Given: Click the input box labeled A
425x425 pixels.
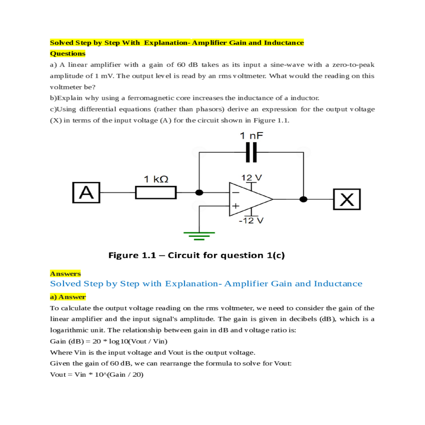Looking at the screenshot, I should tap(86, 193).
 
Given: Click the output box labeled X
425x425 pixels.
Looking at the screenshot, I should tap(347, 199).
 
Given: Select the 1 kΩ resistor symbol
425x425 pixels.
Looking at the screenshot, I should tap(156, 193).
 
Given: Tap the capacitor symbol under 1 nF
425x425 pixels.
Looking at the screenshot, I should tap(251, 152).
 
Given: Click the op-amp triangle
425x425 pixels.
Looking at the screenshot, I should tap(248, 199).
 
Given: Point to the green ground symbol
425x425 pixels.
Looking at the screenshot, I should tap(199, 235).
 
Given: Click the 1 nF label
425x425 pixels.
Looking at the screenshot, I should tap(251, 136).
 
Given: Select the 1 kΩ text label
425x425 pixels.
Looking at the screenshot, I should tap(156, 179).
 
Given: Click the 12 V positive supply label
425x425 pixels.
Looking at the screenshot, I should tap(251, 177).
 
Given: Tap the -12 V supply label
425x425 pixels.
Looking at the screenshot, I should tap(251, 221).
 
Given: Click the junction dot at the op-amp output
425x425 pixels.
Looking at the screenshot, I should tap(304, 199).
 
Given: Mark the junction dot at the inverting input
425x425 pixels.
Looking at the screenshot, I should tap(199, 193).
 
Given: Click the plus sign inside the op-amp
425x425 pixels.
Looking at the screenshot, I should tap(236, 206).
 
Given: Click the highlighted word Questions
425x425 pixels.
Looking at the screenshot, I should tap(68, 53).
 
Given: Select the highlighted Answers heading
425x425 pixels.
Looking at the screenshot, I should tap(66, 273).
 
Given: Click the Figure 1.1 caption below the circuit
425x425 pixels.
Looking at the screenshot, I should tap(197, 255).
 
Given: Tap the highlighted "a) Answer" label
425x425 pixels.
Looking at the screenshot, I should tap(68, 297).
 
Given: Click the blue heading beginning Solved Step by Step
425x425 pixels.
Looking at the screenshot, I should tap(206, 284).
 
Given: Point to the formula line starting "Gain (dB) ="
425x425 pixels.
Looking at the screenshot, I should tap(109, 341).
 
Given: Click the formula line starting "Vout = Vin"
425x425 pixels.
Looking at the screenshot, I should tap(97, 375).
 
